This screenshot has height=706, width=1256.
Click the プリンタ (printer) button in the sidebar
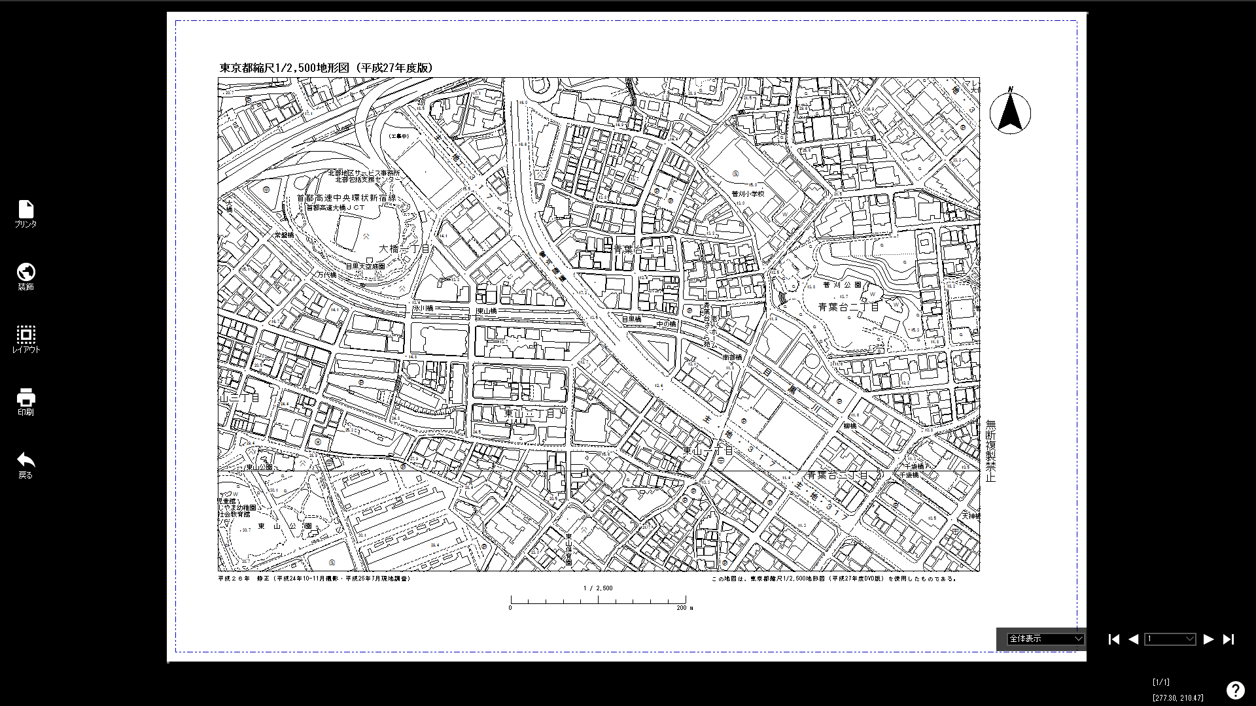[x=26, y=214]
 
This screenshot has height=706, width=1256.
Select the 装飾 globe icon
[x=26, y=276]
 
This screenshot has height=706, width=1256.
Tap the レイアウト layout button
[x=26, y=339]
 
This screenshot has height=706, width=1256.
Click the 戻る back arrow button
[x=26, y=464]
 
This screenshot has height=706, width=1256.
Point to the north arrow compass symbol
[x=1010, y=112]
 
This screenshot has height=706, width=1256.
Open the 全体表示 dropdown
[x=1045, y=639]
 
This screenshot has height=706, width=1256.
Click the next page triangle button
[x=1208, y=639]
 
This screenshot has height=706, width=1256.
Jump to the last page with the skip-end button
[x=1229, y=639]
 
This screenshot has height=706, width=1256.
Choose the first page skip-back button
[x=1114, y=639]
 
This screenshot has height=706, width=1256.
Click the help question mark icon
[x=1235, y=690]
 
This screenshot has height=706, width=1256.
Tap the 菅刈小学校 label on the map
[x=748, y=194]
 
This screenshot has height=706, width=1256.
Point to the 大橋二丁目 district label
[x=404, y=249]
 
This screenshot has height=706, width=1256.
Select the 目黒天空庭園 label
[x=365, y=266]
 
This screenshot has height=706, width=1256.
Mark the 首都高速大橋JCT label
[x=336, y=208]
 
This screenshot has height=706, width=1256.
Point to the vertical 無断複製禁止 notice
[x=990, y=451]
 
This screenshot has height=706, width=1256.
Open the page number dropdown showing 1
[x=1170, y=639]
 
